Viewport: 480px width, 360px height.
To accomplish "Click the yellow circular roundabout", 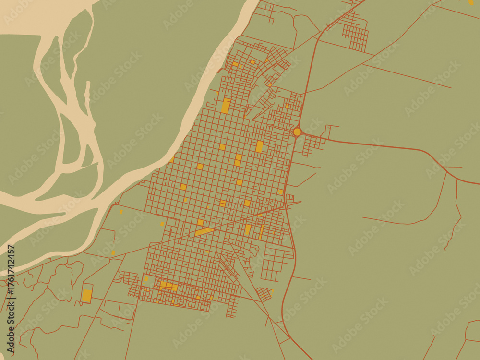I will tap(297, 132).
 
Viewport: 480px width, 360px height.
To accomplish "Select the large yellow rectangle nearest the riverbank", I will tap(226, 106).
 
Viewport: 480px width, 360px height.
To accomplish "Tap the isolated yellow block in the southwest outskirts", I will tap(87, 295).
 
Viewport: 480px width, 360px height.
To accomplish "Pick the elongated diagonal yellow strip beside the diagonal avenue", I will tap(204, 232).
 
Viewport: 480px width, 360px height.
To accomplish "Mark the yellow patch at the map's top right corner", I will tap(470, 2).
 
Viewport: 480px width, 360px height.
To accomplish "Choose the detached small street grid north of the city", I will tap(356, 36).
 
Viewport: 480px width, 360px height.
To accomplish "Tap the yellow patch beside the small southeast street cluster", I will tap(272, 291).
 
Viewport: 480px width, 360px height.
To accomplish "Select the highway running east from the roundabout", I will tap(384, 145).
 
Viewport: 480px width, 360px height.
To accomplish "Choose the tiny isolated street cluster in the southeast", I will tap(264, 294).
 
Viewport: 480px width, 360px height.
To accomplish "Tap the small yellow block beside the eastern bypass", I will tap(280, 192).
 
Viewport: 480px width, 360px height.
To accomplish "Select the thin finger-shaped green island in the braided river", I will tap(87, 96).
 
